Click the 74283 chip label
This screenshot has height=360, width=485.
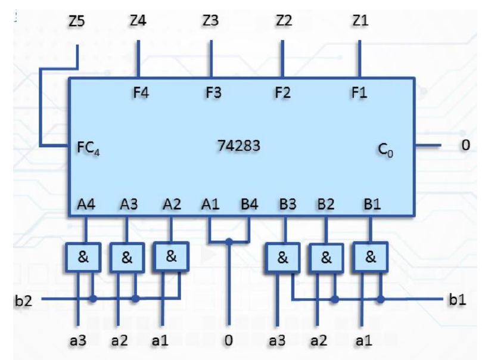(238, 145)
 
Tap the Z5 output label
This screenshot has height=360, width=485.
(76, 22)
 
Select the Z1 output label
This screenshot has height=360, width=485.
(359, 21)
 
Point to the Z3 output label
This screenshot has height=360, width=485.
(210, 21)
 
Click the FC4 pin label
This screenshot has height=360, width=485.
(88, 148)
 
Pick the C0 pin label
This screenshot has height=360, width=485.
(386, 149)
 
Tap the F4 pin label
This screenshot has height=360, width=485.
(141, 93)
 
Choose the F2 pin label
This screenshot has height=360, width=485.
(282, 93)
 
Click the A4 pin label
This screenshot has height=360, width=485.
(86, 204)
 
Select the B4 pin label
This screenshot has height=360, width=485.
(250, 204)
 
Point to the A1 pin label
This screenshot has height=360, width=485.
(210, 204)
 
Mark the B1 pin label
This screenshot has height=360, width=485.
(372, 204)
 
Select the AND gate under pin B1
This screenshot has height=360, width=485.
(371, 257)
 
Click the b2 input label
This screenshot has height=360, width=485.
(23, 300)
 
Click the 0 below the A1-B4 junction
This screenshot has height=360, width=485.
(228, 342)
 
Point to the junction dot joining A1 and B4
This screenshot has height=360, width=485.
(228, 241)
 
